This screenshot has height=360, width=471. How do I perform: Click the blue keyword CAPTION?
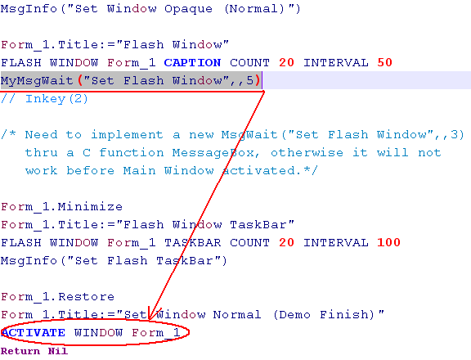192,63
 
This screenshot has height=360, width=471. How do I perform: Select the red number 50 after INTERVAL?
385,62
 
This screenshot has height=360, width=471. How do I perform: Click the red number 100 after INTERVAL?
388,242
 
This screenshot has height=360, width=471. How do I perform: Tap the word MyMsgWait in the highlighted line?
37,81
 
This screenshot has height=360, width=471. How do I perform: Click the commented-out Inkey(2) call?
56,99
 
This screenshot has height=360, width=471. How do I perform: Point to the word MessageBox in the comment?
213,153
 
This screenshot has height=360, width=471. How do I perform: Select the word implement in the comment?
127,135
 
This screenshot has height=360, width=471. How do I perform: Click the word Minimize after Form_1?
90,207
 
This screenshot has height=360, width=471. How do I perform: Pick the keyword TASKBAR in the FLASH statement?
192,242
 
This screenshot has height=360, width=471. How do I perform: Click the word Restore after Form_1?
86,297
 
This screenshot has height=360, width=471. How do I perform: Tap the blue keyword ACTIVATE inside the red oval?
33,333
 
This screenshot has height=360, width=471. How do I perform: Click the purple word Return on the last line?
20,351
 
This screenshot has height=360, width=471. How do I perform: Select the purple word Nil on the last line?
58,351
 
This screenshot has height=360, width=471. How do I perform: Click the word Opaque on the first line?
188,9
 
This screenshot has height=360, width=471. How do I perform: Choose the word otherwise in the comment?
307,153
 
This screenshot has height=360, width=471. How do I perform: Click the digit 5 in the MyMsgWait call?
250,80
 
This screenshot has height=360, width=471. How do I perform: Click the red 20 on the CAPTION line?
286,62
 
